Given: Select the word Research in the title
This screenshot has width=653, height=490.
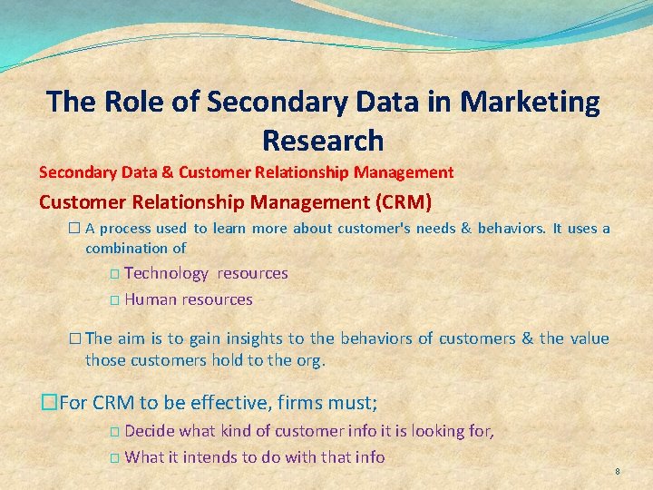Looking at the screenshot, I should point(323,141).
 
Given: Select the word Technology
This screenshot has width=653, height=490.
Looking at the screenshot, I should point(166,273).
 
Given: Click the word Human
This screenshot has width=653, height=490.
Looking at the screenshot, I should point(151,299).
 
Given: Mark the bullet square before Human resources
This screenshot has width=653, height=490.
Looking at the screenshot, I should point(114,300).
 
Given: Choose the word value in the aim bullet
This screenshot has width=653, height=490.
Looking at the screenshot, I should point(590,339).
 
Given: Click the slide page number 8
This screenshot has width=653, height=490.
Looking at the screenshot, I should point(617,472).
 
